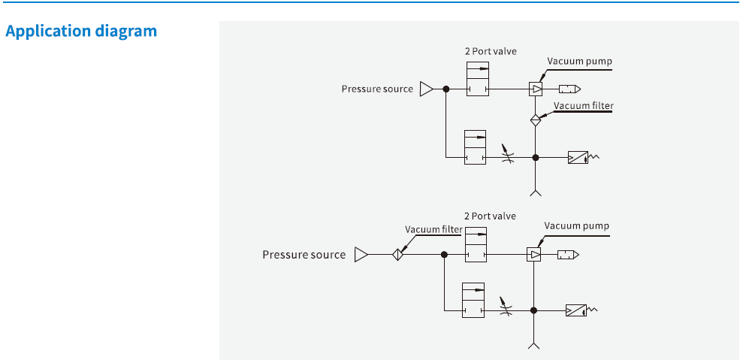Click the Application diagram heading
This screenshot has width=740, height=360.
tap(81, 32)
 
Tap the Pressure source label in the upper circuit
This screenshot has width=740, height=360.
tap(377, 89)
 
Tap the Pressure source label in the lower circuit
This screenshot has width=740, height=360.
tap(304, 255)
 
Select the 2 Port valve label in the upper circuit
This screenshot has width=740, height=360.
tap(490, 51)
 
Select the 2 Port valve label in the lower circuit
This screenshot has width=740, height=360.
tap(490, 216)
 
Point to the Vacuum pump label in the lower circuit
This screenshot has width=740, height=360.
tap(576, 225)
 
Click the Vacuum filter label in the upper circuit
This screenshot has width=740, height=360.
tap(583, 106)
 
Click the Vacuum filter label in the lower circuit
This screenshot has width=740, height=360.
tap(433, 229)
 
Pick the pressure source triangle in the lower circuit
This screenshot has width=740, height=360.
tap(361, 255)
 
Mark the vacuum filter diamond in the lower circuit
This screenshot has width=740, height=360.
tap(397, 255)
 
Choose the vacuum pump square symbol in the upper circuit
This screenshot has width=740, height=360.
tap(535, 89)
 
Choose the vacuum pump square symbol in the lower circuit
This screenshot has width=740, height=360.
tap(533, 255)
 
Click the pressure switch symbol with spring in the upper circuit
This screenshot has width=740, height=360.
tap(578, 158)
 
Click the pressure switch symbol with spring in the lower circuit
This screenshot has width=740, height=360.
tap(577, 310)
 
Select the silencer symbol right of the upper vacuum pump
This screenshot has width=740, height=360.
tap(569, 89)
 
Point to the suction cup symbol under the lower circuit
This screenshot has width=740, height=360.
tap(534, 344)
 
